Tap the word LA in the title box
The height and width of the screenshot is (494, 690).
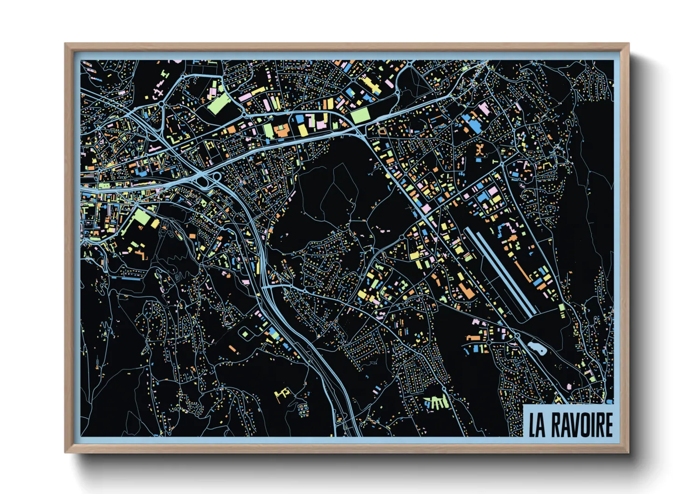pyautogui.click(x=537, y=425)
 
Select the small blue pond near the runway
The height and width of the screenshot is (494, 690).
pyautogui.click(x=536, y=348)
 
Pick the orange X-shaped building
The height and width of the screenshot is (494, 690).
pyautogui.click(x=480, y=150)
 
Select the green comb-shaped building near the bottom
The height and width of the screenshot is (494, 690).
pyautogui.click(x=436, y=402)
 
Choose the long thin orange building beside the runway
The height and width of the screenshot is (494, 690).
pyautogui.click(x=523, y=271)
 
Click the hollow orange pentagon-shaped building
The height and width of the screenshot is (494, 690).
pyautogui.click(x=382, y=131)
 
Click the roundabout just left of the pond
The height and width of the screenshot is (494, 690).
pyautogui.click(x=517, y=336)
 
